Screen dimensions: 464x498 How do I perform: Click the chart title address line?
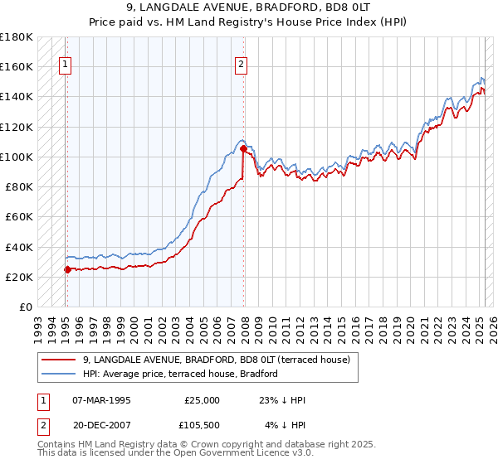(x=248, y=8)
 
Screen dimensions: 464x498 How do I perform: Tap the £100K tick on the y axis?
(x=17, y=157)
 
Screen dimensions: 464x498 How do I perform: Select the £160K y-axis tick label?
(x=17, y=67)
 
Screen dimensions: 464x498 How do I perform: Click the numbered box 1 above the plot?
(x=65, y=65)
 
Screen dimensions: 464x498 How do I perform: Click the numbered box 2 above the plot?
(x=241, y=65)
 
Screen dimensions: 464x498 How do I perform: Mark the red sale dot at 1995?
(x=67, y=268)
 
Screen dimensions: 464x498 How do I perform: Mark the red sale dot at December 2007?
(x=242, y=149)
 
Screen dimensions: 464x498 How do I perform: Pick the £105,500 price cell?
(x=203, y=425)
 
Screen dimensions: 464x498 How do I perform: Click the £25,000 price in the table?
(x=203, y=400)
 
